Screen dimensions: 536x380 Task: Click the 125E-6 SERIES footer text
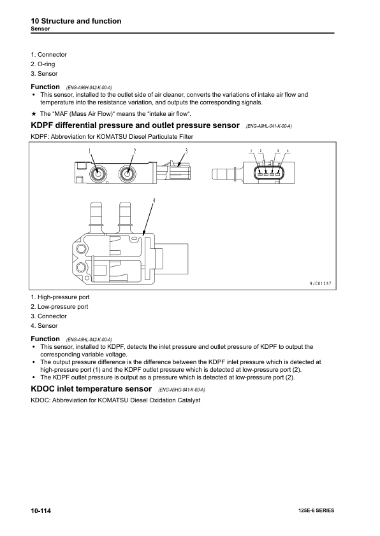coord(316,512)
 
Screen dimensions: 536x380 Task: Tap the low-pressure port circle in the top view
coord(128,173)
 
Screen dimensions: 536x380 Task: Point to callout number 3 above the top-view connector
coord(186,151)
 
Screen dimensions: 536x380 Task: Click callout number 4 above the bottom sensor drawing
coord(154,201)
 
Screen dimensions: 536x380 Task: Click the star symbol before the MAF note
coord(34,113)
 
